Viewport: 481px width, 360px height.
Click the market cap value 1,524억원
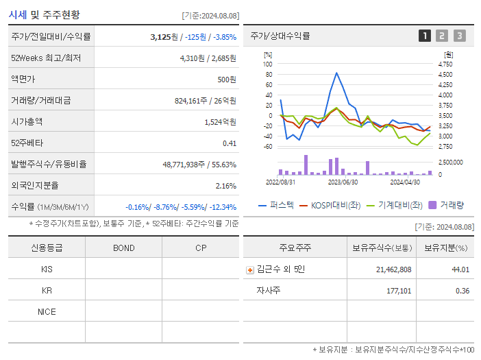pos(220,121)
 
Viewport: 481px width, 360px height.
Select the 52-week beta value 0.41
pos(229,143)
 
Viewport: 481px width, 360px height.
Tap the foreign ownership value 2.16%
pos(226,185)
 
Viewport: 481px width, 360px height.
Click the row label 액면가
pos(23,79)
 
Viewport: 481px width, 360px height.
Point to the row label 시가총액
pos(27,121)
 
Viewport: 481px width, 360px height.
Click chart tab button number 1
pos(425,36)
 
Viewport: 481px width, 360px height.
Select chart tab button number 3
pos(459,36)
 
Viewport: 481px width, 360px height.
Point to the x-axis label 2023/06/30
pos(343,182)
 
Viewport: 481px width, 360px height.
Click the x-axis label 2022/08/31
pos(280,182)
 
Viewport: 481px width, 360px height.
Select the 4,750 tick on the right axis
pos(445,64)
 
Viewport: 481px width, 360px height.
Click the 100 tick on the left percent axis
pos(268,64)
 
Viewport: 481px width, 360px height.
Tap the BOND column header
pos(123,248)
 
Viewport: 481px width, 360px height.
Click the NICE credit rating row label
pos(47,311)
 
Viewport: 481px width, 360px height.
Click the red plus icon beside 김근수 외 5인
pos(250,270)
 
